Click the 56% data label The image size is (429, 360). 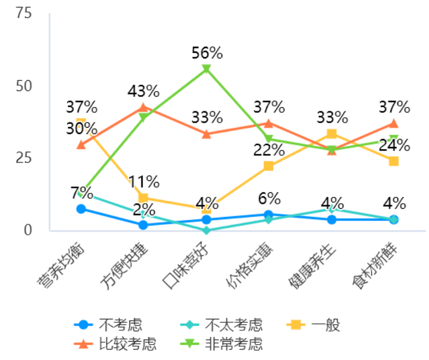click(207, 53)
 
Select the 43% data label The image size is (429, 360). click(143, 91)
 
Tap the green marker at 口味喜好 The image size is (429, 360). click(207, 69)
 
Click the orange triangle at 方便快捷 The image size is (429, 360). click(143, 107)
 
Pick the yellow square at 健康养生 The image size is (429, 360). click(332, 134)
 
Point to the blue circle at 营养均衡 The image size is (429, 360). click(81, 209)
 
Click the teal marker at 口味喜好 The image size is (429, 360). click(207, 230)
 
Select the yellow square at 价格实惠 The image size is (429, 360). click(269, 166)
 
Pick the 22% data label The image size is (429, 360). click(269, 150)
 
